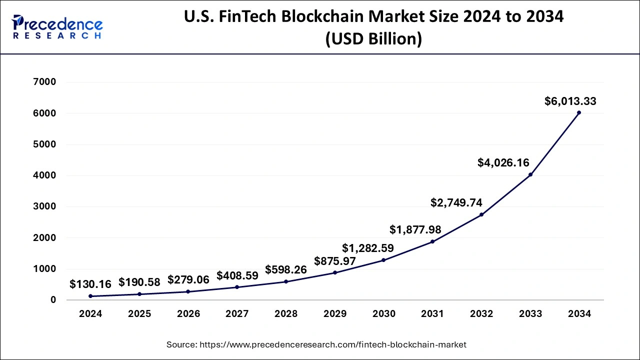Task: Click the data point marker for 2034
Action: (x=579, y=112)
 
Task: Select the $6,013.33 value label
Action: (x=570, y=101)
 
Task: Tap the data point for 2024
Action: (x=90, y=296)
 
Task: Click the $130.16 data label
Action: (x=90, y=284)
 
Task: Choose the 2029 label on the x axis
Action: (x=335, y=314)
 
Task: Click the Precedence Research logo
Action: (x=57, y=27)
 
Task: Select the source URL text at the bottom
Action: (x=316, y=344)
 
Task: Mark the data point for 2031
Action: (x=432, y=241)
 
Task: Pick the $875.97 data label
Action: (x=335, y=261)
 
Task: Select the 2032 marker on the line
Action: (x=481, y=214)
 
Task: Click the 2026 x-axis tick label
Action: (x=188, y=314)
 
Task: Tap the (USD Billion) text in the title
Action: (x=373, y=39)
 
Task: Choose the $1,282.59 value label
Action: (x=368, y=248)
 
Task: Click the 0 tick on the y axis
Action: (x=52, y=300)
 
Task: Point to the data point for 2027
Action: (x=237, y=287)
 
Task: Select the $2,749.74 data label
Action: (x=456, y=202)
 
